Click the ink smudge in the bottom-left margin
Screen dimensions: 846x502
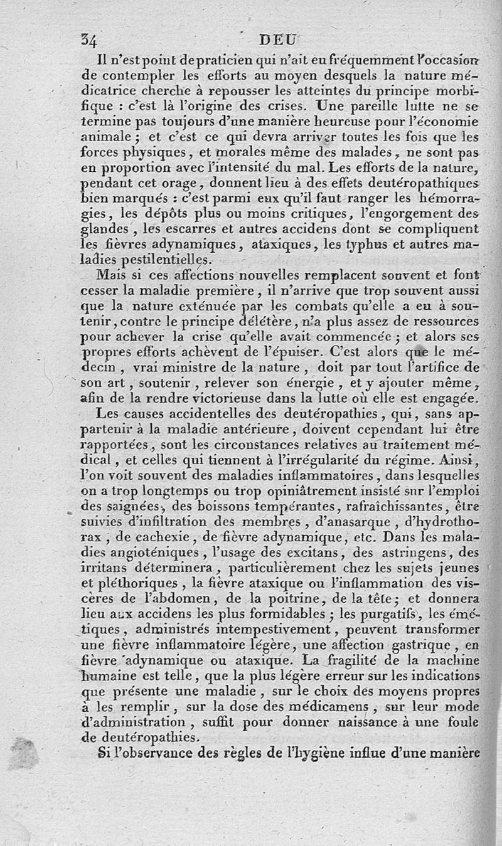point(24,753)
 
